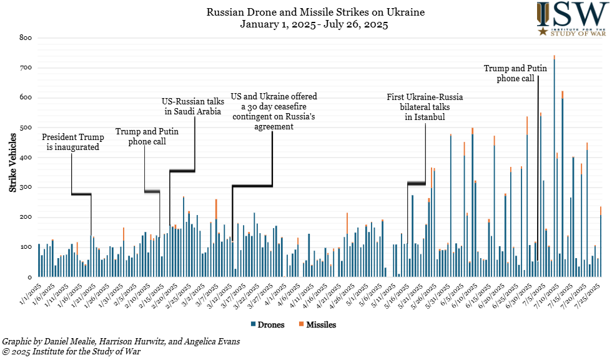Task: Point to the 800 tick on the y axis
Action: tap(25, 37)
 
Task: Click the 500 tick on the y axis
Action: tap(25, 127)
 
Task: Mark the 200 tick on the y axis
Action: tap(25, 217)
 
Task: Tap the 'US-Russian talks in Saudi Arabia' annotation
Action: tap(192, 107)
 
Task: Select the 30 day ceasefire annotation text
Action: tap(274, 111)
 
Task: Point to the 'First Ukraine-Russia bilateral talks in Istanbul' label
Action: tap(425, 107)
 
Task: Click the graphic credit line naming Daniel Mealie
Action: tap(121, 342)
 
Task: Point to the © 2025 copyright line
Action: tap(72, 352)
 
